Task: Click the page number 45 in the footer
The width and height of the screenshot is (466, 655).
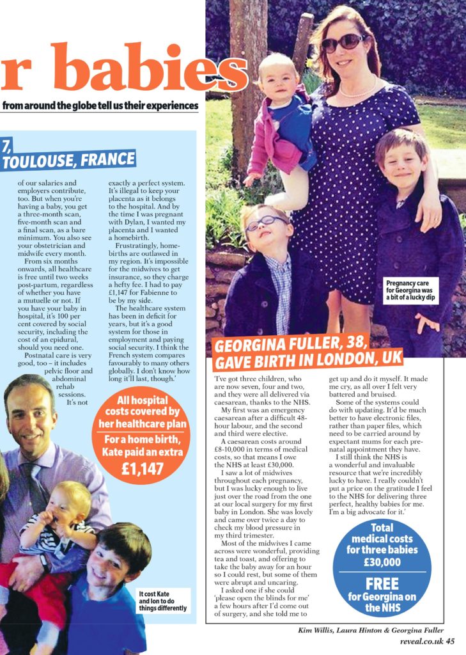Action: click(450, 642)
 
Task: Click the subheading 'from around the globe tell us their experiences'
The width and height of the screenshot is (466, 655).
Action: click(100, 106)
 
